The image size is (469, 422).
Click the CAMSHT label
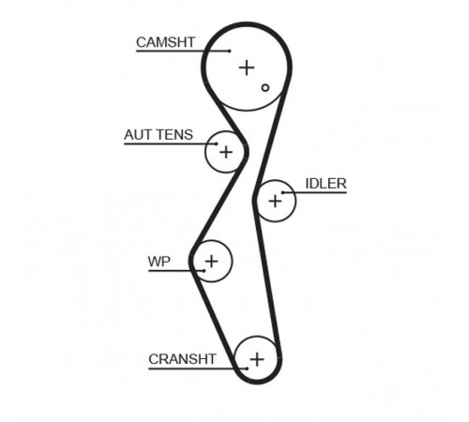165,42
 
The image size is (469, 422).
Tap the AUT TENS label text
159,135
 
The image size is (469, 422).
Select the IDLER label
325,184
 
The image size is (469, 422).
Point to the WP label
159,262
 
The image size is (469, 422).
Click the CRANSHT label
182,359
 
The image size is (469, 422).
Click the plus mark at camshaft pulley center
247,68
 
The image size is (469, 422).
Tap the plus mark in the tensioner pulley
226,152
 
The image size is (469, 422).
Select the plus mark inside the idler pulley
275,201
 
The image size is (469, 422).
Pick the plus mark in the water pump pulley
212,261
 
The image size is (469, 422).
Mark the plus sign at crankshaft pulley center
257,359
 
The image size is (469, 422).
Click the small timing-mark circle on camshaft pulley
265,88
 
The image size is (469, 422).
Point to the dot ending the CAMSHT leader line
230,51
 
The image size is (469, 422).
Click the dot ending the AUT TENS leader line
216,144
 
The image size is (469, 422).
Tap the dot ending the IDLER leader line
282,192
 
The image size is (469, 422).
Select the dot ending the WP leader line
204,271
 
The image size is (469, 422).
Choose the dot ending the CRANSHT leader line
247,369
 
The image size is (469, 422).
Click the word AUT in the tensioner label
138,135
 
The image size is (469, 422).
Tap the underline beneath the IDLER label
314,192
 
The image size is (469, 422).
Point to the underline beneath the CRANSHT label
198,369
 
